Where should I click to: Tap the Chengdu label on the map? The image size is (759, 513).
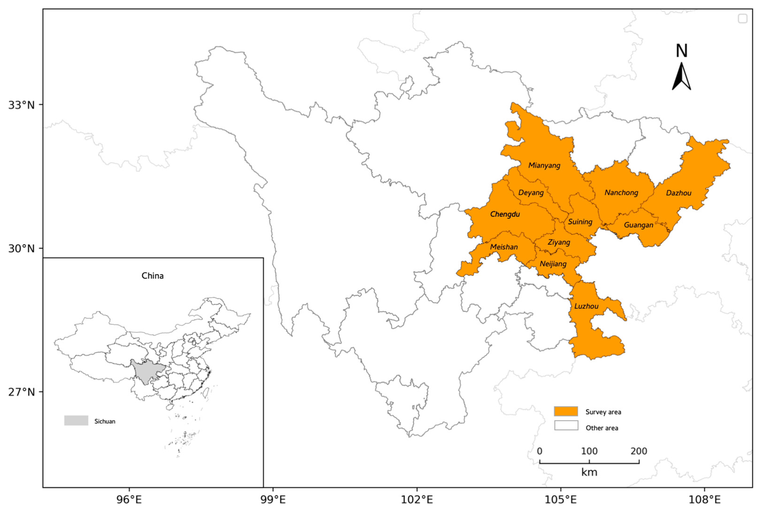pos(505,214)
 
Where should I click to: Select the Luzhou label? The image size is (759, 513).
pos(586,306)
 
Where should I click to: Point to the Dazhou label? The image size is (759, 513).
pos(679,193)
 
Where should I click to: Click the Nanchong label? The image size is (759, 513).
pos(621,193)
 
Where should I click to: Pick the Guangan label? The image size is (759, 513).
pos(638,225)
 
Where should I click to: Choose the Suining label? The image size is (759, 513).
pos(580,222)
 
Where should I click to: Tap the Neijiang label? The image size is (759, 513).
pos(553,264)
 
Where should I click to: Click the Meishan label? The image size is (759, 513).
pos(504,247)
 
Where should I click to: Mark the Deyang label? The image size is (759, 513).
pos(531,193)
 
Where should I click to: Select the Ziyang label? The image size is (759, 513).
pos(559,242)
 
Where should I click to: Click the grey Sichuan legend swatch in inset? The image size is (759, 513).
pos(76,420)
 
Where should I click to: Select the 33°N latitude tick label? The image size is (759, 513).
pos(21,105)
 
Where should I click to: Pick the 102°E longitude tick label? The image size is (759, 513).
pos(417,499)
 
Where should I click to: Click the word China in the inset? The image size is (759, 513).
pos(152,276)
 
